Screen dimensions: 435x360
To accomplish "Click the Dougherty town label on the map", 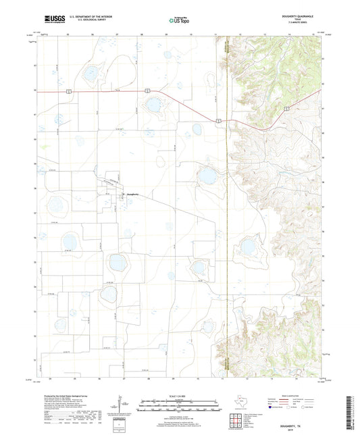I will (x=132, y=195).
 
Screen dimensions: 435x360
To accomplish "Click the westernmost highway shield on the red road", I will (x=68, y=90).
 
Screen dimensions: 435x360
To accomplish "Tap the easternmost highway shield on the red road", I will (x=287, y=107).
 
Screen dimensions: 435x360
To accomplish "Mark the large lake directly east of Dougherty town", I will (x=207, y=177).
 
